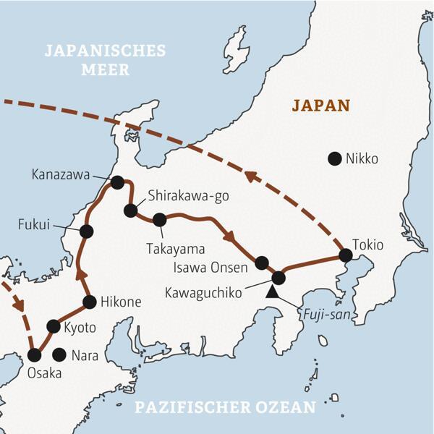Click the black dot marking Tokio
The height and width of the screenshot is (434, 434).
click(346, 255)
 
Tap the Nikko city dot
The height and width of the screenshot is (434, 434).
click(334, 158)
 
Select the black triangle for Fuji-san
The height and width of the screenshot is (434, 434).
click(272, 292)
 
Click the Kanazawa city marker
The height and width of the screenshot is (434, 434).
click(117, 182)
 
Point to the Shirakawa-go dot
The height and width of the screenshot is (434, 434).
click(130, 210)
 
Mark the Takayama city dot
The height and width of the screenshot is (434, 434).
click(160, 219)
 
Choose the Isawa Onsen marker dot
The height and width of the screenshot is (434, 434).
click(262, 263)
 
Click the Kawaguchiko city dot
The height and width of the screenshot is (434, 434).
click(278, 277)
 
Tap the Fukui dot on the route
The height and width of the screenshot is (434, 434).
click(87, 231)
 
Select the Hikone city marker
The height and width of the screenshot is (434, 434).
click(90, 302)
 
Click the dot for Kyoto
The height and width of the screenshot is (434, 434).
click(54, 326)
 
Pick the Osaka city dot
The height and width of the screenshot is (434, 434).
click(34, 355)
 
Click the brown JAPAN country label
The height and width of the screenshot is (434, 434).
click(320, 105)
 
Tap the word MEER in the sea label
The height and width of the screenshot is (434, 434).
click(105, 70)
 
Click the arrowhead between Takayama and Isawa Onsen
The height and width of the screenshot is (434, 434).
click(229, 236)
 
